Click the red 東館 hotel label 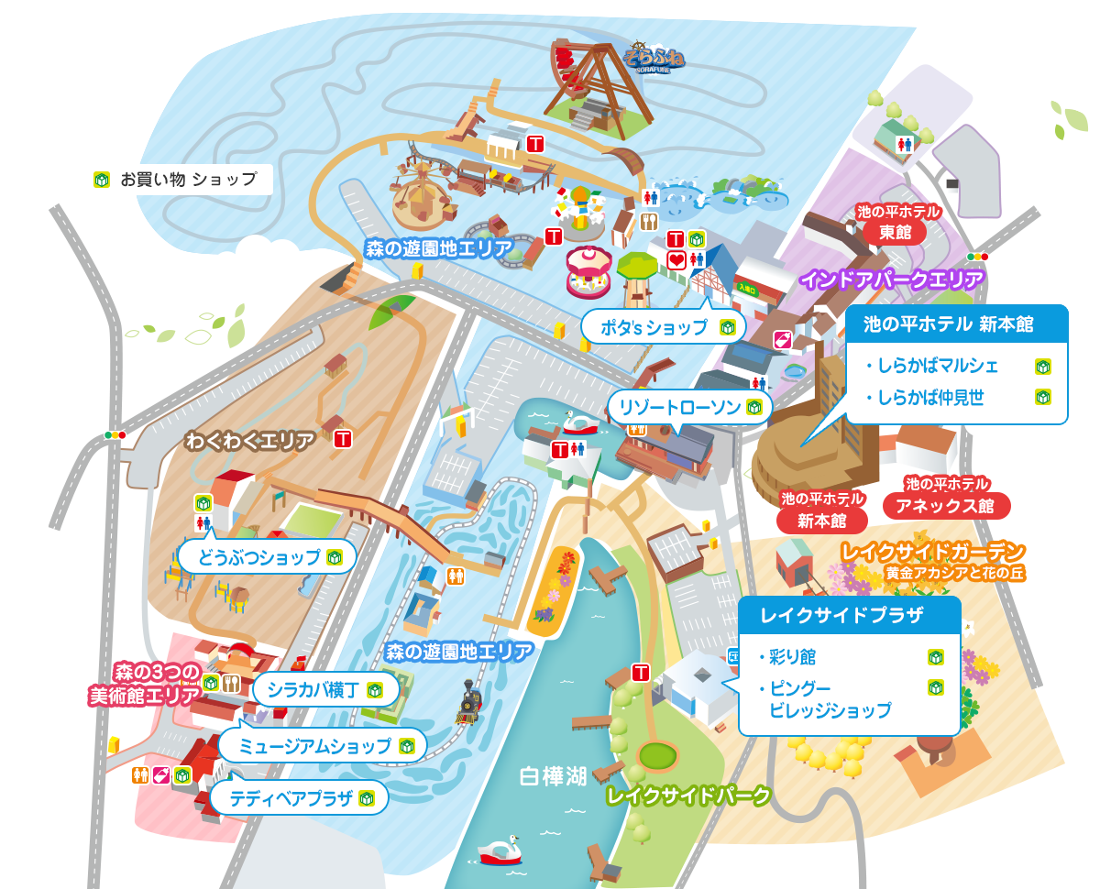[896, 232]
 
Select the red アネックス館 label [947, 505]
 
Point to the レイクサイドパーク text [688, 796]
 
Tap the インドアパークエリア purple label [893, 280]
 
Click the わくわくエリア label [250, 442]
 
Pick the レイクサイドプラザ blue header [849, 616]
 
